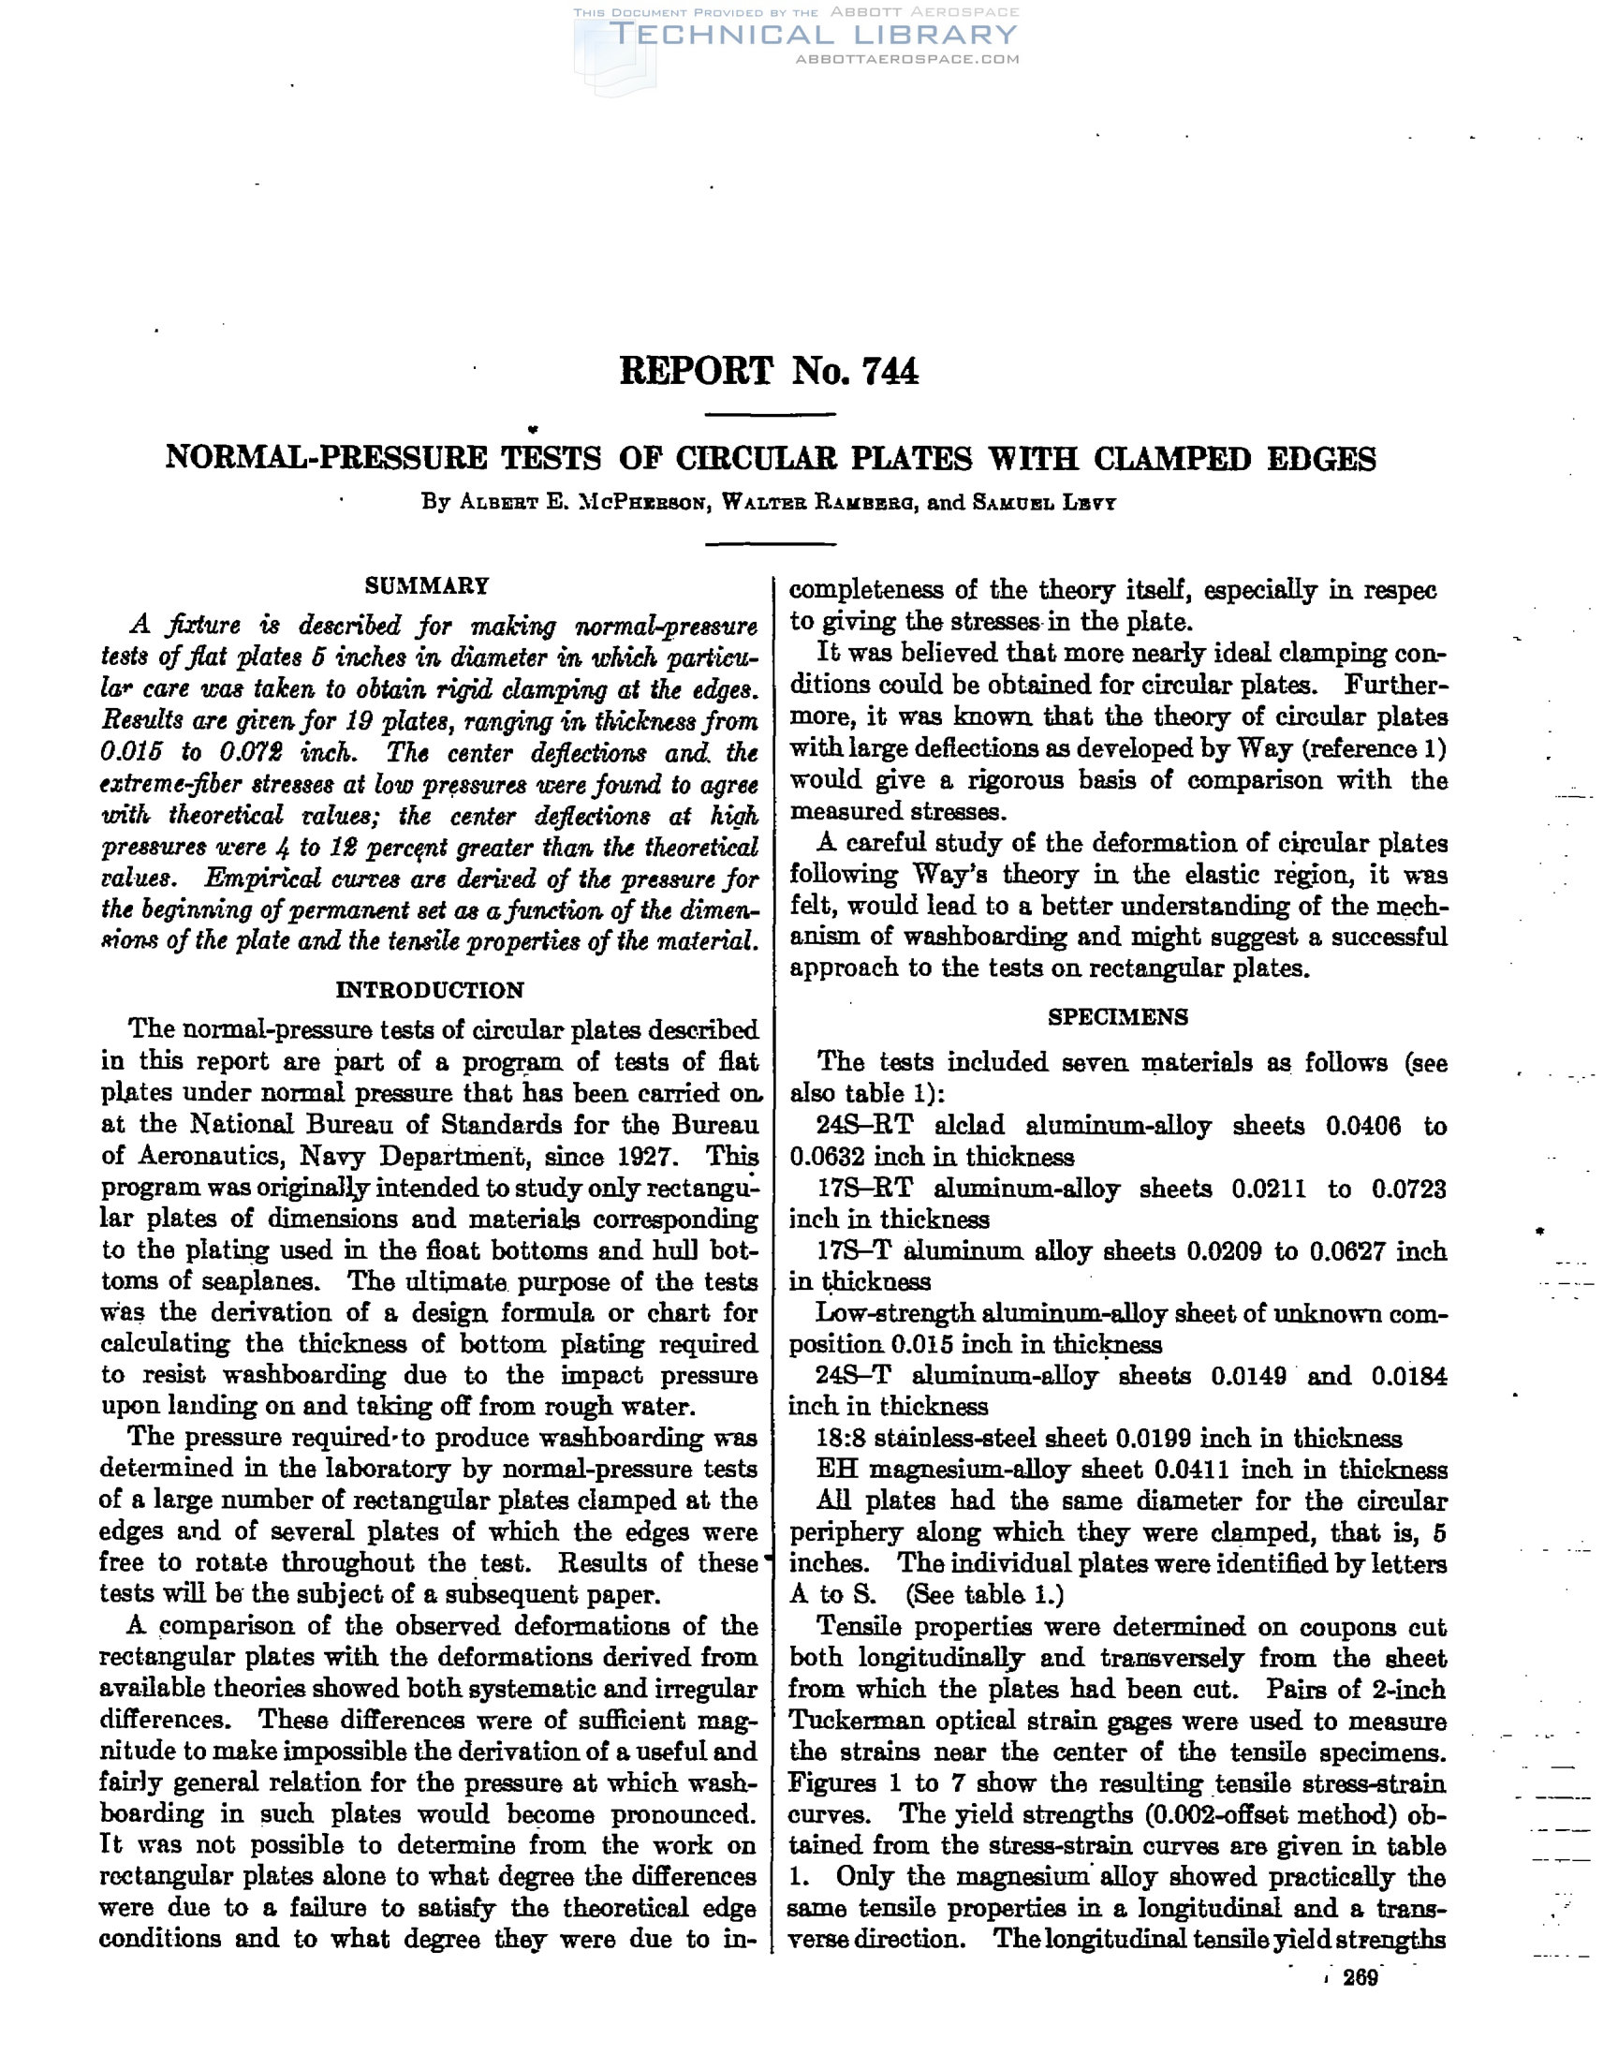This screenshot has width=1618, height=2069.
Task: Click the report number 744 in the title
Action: [890, 370]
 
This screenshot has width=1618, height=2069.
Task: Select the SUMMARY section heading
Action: [427, 585]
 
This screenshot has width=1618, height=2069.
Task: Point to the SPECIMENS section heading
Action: [1118, 1017]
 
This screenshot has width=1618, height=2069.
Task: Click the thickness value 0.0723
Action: [1408, 1189]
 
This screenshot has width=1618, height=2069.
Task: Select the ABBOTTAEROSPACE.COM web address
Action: [906, 60]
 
